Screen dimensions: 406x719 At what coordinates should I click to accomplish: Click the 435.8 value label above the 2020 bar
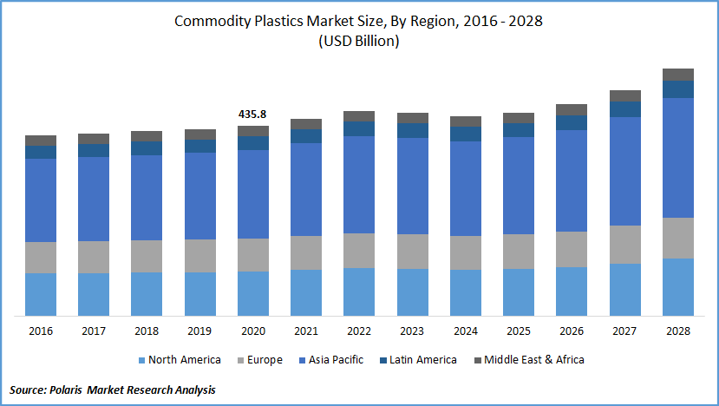(252, 114)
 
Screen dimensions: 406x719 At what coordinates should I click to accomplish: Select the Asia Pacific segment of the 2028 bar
(678, 157)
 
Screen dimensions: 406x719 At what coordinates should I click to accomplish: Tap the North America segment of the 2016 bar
(41, 294)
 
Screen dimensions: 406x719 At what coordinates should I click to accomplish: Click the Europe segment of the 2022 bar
(359, 250)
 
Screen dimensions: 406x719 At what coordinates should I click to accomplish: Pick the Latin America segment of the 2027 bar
(625, 109)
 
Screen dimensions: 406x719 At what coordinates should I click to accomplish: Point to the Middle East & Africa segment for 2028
(678, 75)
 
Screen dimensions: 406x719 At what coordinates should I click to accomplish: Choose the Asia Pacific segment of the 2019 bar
(199, 195)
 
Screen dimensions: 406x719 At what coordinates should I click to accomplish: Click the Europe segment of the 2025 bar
(519, 251)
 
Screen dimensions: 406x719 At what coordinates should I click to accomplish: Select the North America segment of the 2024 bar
(466, 292)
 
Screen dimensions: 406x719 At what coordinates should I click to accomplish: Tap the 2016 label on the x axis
(41, 331)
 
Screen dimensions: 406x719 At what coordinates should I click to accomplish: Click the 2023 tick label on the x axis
(412, 331)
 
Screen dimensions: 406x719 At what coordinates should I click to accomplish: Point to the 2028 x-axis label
(678, 331)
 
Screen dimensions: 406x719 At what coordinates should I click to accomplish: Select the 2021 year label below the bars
(306, 331)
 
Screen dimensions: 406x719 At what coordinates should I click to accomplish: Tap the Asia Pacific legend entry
(336, 360)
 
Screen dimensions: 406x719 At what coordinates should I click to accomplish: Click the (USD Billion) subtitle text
(359, 42)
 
